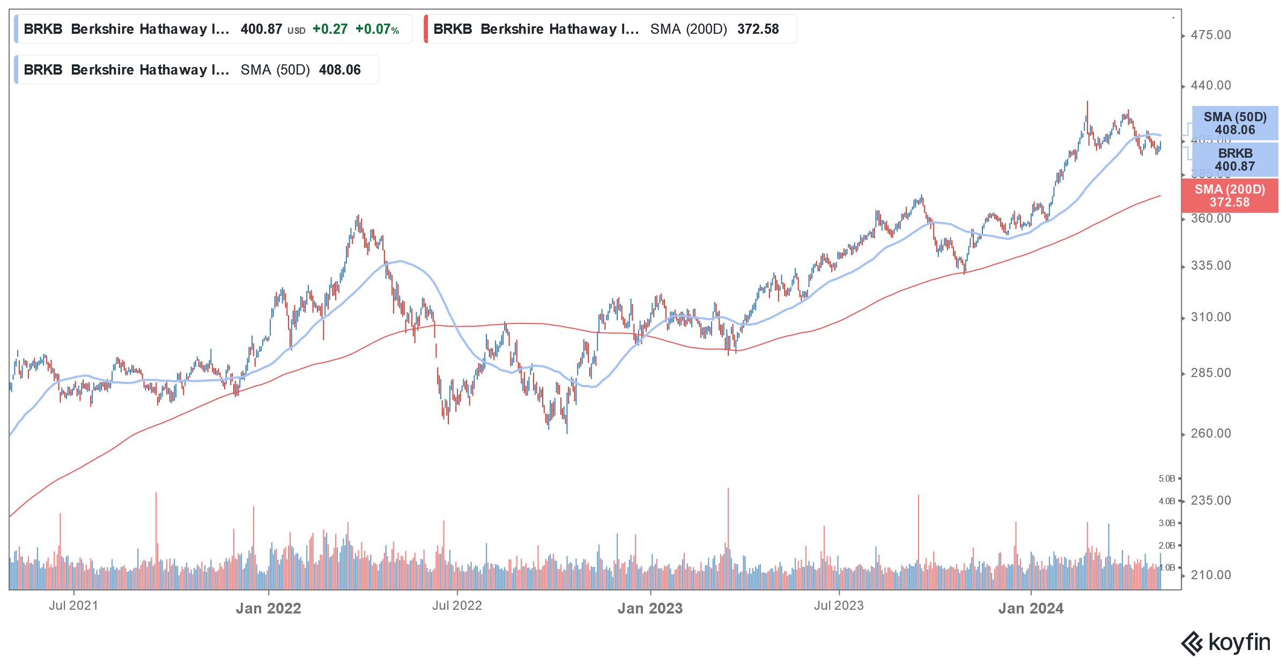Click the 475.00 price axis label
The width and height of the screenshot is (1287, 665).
1210,35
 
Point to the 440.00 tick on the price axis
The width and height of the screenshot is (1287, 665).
1210,85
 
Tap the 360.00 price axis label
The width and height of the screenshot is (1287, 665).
1210,218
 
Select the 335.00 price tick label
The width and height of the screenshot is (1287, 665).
1210,265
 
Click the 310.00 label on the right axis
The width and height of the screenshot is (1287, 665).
1210,317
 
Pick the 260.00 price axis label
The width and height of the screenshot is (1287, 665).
1210,433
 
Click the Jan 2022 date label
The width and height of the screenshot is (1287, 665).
269,608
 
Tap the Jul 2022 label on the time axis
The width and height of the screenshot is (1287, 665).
457,605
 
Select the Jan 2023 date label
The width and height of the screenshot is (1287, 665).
650,608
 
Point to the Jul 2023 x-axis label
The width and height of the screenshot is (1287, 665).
839,605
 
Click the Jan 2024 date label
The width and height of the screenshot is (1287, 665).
1031,608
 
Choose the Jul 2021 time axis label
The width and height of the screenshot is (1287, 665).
73,605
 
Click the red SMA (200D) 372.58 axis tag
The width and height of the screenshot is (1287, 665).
1230,196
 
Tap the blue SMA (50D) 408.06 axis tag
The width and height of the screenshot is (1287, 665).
1235,123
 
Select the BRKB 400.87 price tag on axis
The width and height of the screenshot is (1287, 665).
1235,160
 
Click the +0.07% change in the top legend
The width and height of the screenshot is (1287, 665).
377,29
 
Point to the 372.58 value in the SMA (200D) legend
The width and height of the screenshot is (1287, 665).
758,29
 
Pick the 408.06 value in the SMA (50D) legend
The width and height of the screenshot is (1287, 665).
339,70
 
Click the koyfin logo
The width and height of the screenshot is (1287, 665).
1226,642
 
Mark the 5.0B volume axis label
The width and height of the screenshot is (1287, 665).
1166,478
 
